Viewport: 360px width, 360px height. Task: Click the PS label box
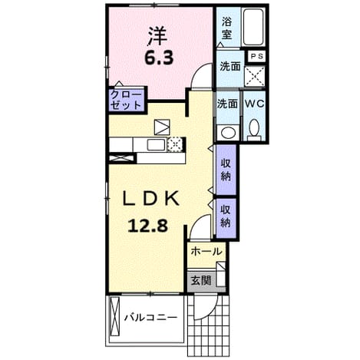[x=256, y=56]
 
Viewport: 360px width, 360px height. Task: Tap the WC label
[x=254, y=104]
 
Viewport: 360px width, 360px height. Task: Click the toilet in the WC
[x=254, y=130]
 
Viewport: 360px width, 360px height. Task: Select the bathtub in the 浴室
[x=253, y=27]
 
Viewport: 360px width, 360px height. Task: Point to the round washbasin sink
[x=228, y=133]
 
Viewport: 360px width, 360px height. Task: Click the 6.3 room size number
[x=159, y=58]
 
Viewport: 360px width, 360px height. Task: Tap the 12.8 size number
[x=147, y=226]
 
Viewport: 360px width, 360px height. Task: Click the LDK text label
[x=151, y=199]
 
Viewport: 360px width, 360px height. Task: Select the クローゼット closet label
[x=126, y=100]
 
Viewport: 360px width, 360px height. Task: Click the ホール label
[x=206, y=252]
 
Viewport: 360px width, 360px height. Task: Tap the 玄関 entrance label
[x=201, y=281]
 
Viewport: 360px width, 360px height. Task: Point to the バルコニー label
[x=150, y=318]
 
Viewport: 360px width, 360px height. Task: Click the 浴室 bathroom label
[x=227, y=28]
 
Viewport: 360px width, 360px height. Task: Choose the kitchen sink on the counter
[x=156, y=145]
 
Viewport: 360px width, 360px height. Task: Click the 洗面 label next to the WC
[x=227, y=104]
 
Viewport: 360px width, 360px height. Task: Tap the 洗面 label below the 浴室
[x=230, y=67]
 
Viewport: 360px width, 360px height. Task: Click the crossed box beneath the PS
[x=255, y=76]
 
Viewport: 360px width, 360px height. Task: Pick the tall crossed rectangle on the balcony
[x=114, y=316]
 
